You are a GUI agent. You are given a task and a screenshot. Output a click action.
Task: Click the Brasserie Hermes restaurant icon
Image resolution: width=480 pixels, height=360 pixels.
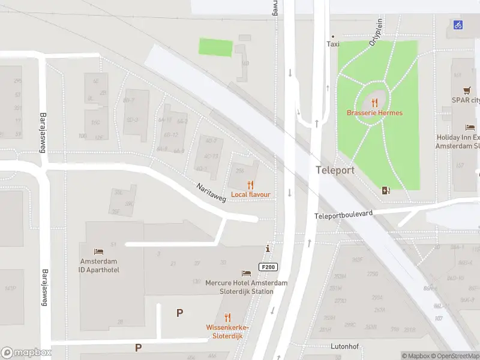[375, 103]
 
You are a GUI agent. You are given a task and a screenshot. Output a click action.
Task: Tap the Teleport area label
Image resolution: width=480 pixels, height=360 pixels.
[335, 170]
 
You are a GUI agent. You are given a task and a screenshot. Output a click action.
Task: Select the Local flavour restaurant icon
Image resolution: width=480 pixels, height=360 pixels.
[251, 185]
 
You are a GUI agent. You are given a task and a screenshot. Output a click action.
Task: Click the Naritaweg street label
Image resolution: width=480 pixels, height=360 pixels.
[211, 193]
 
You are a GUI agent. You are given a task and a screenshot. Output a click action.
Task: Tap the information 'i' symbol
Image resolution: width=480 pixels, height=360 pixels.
[268, 248]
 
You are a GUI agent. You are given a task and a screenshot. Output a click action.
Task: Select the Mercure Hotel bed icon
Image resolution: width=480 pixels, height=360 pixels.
[246, 274]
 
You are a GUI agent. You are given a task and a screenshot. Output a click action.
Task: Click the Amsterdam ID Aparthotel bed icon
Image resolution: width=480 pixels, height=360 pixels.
[99, 251]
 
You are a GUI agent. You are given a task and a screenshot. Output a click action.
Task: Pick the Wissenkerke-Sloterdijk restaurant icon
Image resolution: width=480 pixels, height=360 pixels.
[227, 317]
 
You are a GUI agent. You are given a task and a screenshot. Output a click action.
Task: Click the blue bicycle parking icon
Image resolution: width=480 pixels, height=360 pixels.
[458, 25]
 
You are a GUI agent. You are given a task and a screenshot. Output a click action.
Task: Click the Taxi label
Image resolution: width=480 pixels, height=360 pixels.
[333, 44]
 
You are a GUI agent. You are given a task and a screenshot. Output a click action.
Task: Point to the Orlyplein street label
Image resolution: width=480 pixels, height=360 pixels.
[376, 32]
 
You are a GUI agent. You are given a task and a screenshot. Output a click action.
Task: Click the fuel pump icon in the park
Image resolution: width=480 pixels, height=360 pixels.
[386, 191]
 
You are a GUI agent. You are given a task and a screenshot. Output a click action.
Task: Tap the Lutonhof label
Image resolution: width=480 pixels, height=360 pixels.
[345, 347]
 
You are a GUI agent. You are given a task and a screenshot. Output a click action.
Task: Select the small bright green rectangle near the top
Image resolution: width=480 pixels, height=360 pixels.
[215, 47]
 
